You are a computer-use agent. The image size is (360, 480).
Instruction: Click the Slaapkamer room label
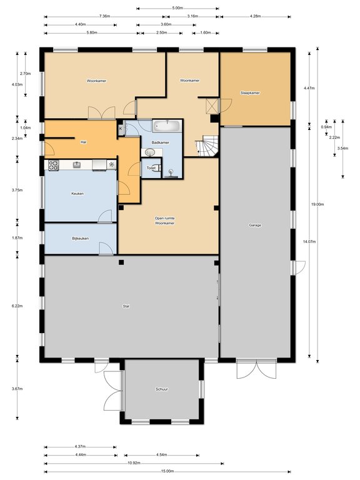tap(250, 92)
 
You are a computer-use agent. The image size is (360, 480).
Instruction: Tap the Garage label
tap(255, 225)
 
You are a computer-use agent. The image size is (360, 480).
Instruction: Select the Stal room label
tap(126, 306)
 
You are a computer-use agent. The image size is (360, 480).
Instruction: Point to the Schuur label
tap(162, 389)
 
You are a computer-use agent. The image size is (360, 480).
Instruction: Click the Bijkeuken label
tap(81, 239)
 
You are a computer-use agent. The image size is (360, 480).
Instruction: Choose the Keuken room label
tap(77, 194)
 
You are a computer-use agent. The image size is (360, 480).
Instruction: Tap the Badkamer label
tap(161, 142)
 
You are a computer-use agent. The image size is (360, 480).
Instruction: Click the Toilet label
tap(151, 168)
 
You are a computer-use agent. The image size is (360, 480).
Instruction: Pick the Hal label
tap(83, 142)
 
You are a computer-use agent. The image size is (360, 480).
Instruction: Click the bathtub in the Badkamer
tap(167, 126)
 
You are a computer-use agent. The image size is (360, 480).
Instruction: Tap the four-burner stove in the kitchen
tap(53, 165)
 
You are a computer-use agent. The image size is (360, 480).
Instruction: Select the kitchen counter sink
tap(76, 165)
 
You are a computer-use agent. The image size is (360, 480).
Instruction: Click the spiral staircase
tap(207, 146)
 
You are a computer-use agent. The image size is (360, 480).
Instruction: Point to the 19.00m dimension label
tap(317, 204)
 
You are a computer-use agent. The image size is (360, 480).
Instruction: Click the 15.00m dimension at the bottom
tap(167, 471)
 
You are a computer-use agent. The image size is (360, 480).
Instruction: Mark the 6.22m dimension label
tap(17, 306)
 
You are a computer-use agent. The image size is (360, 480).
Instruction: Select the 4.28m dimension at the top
tap(255, 16)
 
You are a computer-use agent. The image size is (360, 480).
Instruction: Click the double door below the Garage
tap(256, 369)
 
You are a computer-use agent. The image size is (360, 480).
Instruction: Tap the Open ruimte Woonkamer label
tap(165, 221)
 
